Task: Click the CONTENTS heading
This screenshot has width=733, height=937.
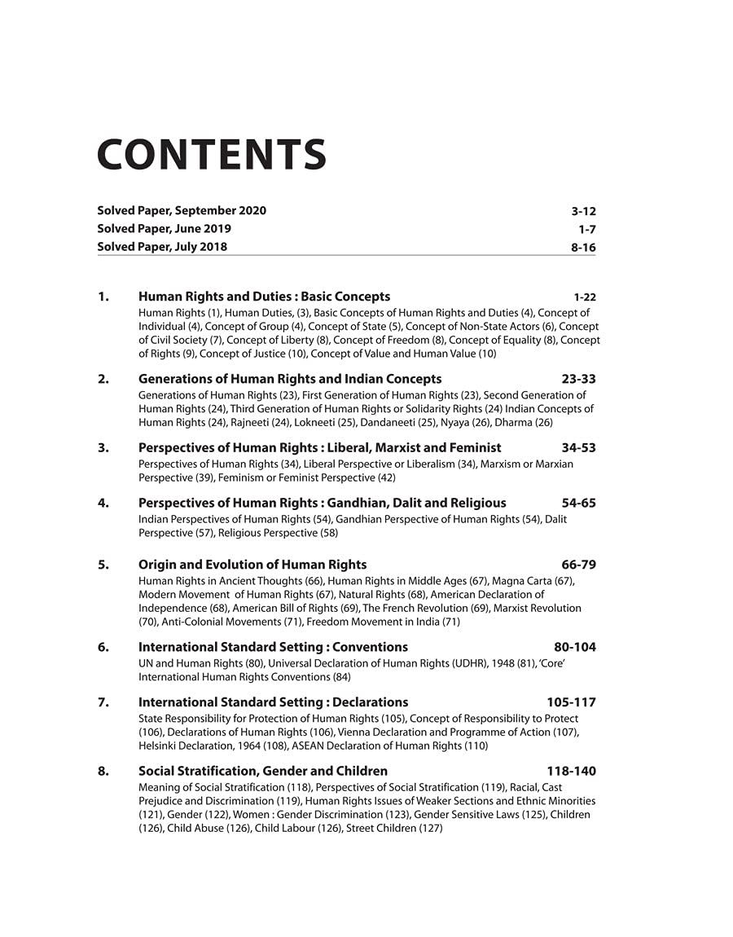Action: coord(212,155)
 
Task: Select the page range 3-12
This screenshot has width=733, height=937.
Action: coord(583,212)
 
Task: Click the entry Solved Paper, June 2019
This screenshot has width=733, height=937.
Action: coord(164,229)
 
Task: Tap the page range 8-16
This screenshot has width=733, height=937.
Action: coord(583,247)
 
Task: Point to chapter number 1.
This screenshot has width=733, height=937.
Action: coord(103,297)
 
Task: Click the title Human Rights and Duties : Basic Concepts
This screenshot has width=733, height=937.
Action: coord(264,297)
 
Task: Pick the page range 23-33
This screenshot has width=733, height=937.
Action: coord(578,379)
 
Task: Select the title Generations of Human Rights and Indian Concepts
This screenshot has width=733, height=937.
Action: coord(290,379)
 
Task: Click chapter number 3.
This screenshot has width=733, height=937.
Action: coord(103,447)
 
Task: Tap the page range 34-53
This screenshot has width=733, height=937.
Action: coord(578,447)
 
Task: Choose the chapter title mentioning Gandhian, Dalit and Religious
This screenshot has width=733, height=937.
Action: coord(322,503)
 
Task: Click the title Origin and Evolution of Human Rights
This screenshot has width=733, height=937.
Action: coord(252,565)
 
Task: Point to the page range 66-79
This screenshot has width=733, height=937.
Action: coord(578,565)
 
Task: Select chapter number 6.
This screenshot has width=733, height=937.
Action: coord(103,647)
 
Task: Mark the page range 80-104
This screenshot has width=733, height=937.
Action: coord(574,647)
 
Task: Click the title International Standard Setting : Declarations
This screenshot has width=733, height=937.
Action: coord(273,702)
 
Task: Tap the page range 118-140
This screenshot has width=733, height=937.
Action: coord(571,771)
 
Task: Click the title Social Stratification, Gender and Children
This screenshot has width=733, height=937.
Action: coord(263,771)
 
